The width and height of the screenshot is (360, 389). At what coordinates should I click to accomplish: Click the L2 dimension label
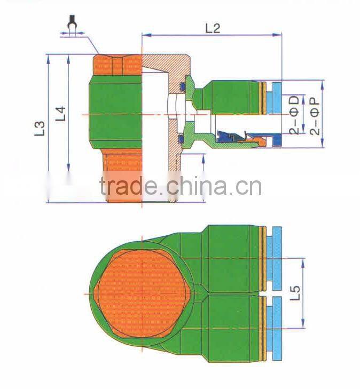[213, 28]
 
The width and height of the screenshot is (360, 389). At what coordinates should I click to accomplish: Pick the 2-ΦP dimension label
[315, 114]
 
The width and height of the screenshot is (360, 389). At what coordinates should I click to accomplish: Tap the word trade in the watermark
[128, 187]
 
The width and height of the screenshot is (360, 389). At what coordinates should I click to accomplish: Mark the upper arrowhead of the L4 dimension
[69, 58]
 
